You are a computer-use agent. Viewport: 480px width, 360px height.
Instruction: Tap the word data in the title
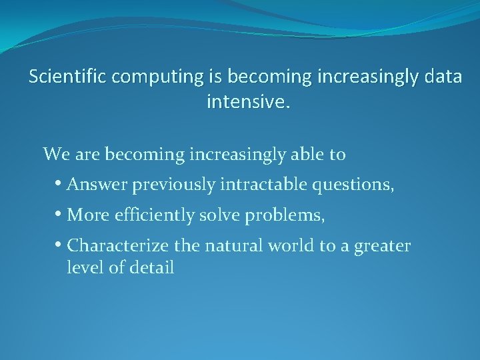tap(441, 77)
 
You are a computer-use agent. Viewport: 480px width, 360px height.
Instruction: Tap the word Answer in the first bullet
tap(97, 185)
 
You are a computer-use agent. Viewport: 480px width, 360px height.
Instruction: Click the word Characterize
tap(119, 246)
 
